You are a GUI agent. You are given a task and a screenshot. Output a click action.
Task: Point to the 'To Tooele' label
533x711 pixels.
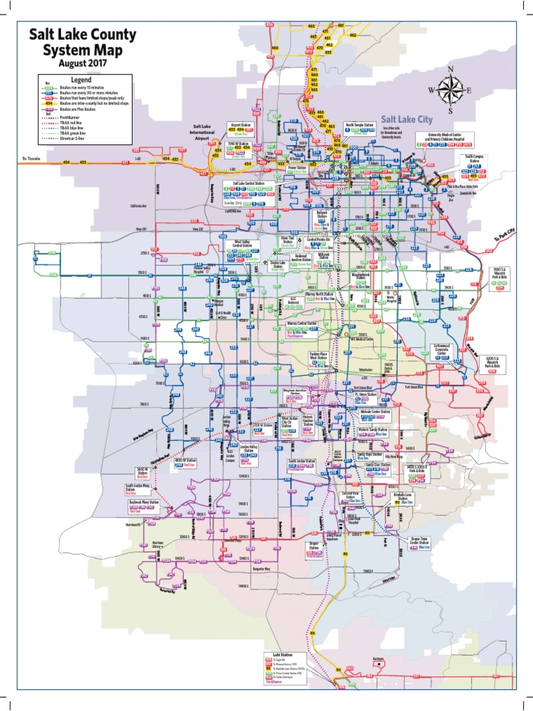33,158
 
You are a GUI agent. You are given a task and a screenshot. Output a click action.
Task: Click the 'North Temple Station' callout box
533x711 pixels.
362,129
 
